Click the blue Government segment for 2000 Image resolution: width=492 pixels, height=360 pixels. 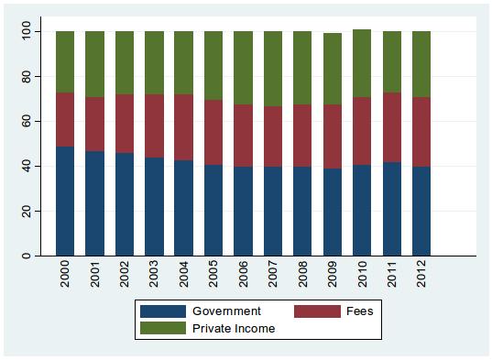tap(65, 201)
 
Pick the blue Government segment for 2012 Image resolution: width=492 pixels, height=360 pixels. tap(421, 211)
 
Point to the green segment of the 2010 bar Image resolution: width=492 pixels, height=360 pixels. tap(362, 63)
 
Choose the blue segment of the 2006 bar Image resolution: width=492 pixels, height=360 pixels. tap(243, 211)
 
